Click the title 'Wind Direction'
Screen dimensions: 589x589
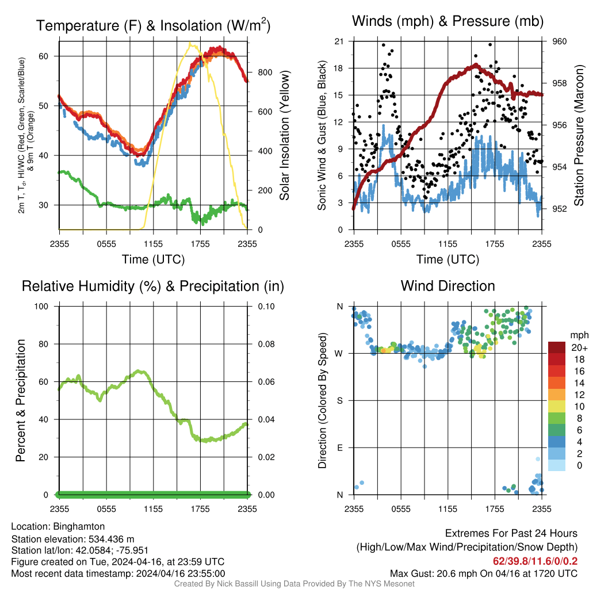coord(448,286)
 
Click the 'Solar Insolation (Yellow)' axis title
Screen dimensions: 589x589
coord(284,136)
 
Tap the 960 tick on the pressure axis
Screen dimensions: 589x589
coord(560,41)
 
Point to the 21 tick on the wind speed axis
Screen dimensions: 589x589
coord(339,41)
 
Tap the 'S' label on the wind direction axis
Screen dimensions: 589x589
coord(339,400)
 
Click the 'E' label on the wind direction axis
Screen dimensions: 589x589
coord(339,448)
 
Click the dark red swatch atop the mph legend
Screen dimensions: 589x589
coord(557,347)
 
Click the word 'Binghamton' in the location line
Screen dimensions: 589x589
coord(79,526)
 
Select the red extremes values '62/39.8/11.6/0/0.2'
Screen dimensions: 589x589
coord(535,561)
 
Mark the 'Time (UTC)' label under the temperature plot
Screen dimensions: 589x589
coord(153,259)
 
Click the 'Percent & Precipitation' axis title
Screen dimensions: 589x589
coord(20,400)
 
